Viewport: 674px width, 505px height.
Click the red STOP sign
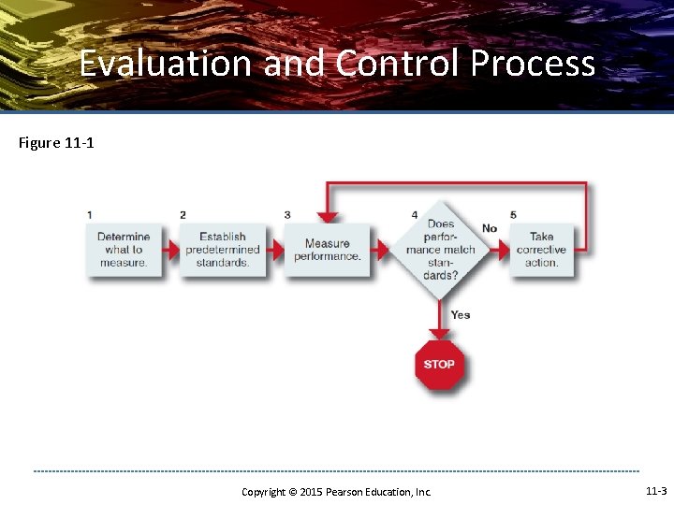click(439, 364)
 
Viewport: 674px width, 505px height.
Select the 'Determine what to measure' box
click(123, 250)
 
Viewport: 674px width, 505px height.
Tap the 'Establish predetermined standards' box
click(223, 250)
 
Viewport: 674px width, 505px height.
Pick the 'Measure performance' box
click(327, 250)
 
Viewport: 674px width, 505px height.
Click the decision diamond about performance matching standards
click(440, 250)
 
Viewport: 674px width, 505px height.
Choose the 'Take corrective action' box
click(541, 250)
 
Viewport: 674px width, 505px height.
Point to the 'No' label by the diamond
click(490, 228)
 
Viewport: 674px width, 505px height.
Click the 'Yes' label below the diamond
click(460, 314)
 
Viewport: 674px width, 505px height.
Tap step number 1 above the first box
click(90, 215)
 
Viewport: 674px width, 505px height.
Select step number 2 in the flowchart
click(183, 215)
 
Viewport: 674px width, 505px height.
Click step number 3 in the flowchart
click(287, 215)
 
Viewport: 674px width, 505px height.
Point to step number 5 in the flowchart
click(513, 215)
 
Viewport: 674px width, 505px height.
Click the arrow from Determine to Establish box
click(168, 251)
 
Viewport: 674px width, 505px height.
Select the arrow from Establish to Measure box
click(274, 251)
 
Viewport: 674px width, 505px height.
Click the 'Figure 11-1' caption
click(56, 143)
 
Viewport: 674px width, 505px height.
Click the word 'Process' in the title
click(533, 64)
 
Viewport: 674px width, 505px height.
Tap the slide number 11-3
click(656, 491)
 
